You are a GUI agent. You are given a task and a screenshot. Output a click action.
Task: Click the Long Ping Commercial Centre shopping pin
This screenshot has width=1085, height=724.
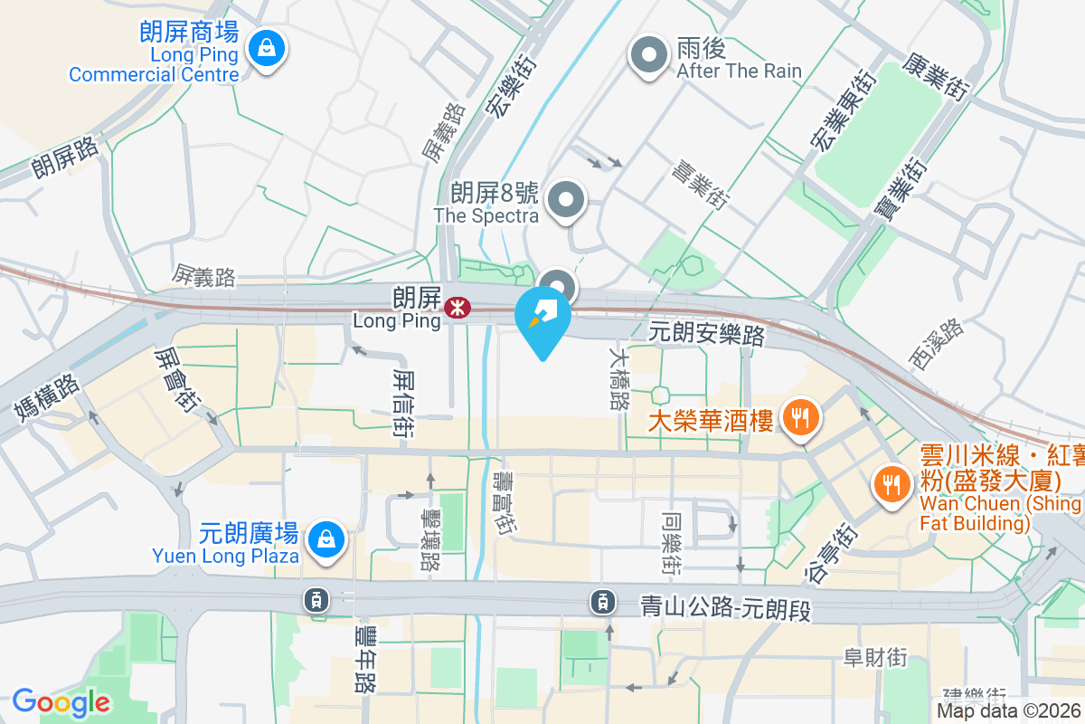pos(267,50)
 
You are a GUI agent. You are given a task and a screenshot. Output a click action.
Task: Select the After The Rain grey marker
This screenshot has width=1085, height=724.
pos(648,56)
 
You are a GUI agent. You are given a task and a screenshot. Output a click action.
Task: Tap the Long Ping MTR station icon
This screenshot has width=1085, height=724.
pos(457,309)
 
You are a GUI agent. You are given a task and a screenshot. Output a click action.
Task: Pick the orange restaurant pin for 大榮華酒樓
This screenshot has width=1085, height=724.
pos(798,418)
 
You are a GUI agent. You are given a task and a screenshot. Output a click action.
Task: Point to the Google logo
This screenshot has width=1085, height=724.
pos(61,702)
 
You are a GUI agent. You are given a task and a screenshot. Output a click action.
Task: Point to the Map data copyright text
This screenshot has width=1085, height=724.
pos(1009,711)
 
